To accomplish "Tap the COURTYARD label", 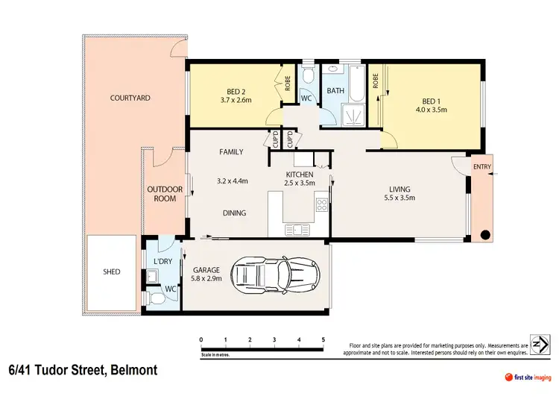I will coord(130,98).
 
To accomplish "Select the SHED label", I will coord(111,272).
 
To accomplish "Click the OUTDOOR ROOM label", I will coord(161,194).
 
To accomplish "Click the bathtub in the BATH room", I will coord(356,87).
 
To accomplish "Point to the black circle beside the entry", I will coord(485,236).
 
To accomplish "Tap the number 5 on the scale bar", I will coord(323,339).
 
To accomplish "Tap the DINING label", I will coord(234,213).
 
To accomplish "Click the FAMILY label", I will coord(231,151).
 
